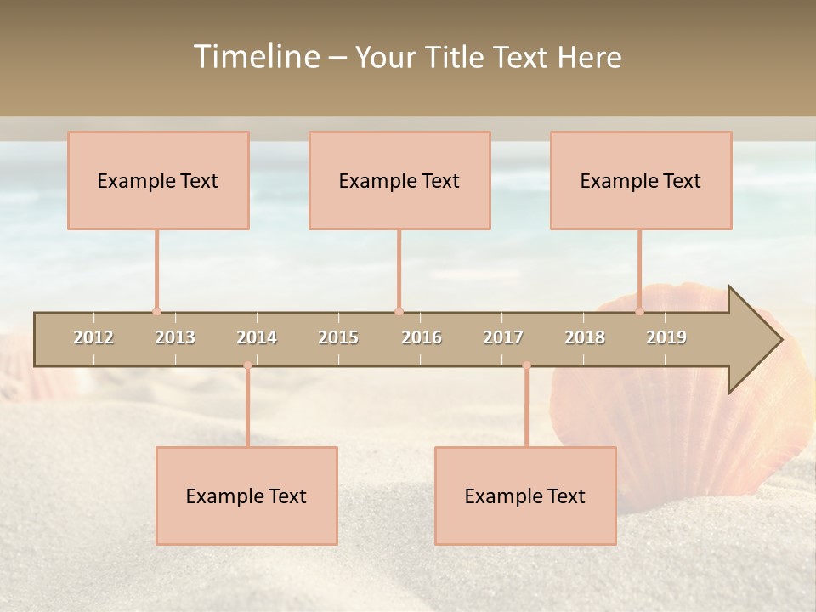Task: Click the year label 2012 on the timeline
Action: coord(93,337)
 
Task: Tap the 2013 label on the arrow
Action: coord(175,337)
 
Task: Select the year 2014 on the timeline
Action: coord(257,337)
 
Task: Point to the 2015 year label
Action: coord(338,337)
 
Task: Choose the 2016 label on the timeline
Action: coord(422,337)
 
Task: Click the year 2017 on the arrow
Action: coord(503,337)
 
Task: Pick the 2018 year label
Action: coord(585,337)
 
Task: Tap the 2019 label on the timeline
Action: coord(666,337)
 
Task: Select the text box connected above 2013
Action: coord(158,180)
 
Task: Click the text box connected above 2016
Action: coord(399,180)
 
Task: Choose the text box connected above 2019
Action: coord(641,180)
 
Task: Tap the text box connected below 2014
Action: coord(246,496)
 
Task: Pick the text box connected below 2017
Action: coord(525,496)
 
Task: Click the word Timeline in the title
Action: coord(256,57)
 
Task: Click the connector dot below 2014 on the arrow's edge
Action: coord(247,365)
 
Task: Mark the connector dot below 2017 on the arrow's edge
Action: coord(526,365)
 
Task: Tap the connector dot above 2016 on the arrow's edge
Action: coord(399,312)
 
